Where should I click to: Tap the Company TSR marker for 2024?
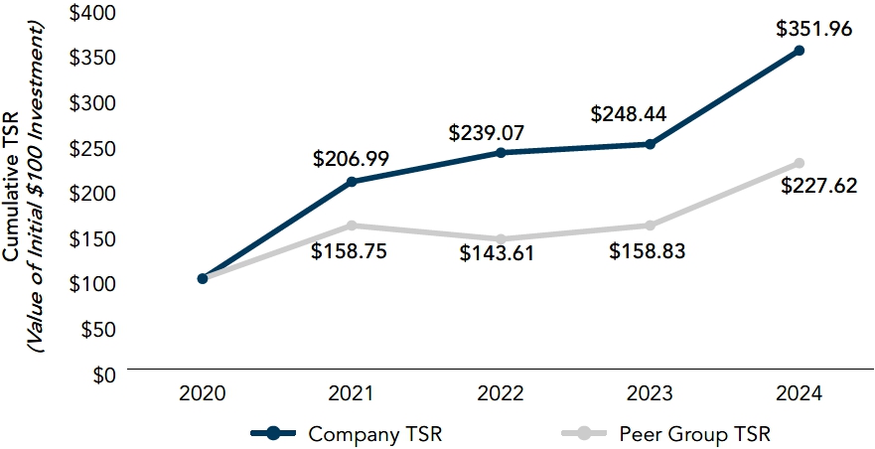pyautogui.click(x=800, y=51)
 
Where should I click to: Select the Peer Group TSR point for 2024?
pyautogui.click(x=800, y=163)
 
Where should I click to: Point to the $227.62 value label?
pyautogui.click(x=818, y=186)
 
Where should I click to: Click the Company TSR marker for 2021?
pyautogui.click(x=352, y=182)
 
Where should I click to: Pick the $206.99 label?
pyautogui.click(x=351, y=159)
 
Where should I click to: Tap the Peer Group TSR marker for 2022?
pyautogui.click(x=501, y=239)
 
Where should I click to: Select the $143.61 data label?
pyautogui.click(x=497, y=253)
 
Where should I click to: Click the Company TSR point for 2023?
pyautogui.click(x=650, y=144)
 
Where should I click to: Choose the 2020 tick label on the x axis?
pyautogui.click(x=202, y=394)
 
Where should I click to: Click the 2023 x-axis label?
pyautogui.click(x=650, y=394)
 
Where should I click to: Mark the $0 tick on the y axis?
pyautogui.click(x=102, y=374)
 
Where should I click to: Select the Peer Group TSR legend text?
pyautogui.click(x=694, y=433)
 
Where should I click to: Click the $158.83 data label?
pyautogui.click(x=648, y=251)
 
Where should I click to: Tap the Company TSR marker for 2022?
pyautogui.click(x=501, y=152)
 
